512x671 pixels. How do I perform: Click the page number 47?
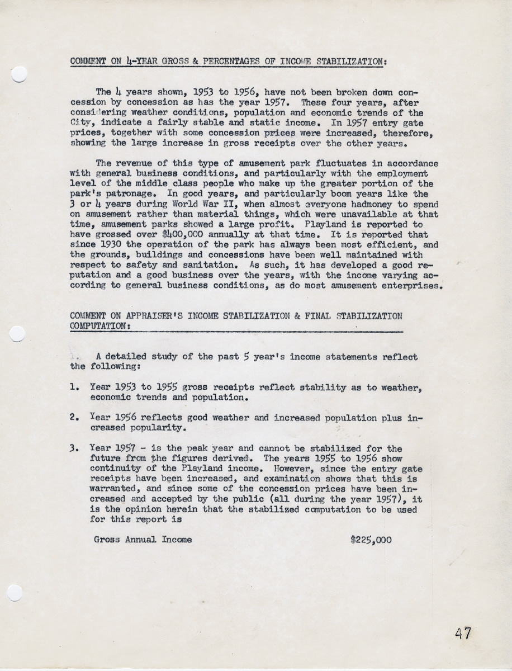463,634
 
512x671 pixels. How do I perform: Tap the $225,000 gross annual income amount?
371,540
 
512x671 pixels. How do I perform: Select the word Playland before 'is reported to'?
316,224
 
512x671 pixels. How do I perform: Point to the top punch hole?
18,74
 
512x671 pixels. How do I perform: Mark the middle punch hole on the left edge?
17,334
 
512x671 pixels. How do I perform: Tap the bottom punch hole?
15,592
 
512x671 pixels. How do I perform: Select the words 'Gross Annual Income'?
143,540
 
